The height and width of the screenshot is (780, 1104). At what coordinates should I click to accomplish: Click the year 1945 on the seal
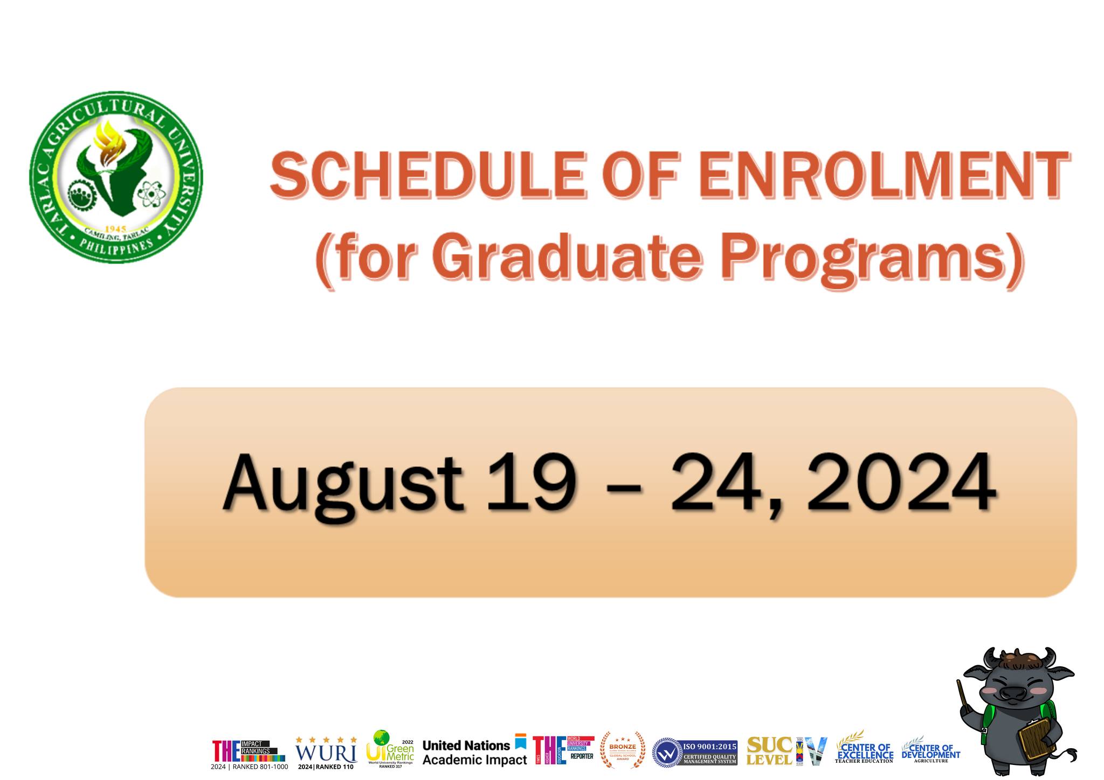[115, 229]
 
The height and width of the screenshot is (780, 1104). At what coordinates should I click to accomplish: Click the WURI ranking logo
[326, 752]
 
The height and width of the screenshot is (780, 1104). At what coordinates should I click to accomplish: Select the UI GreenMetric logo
[390, 749]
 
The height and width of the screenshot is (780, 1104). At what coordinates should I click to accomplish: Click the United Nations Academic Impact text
[474, 753]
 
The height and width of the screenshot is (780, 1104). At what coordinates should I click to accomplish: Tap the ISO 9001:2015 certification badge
[694, 752]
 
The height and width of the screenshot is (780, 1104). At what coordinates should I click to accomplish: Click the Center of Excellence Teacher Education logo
[864, 750]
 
